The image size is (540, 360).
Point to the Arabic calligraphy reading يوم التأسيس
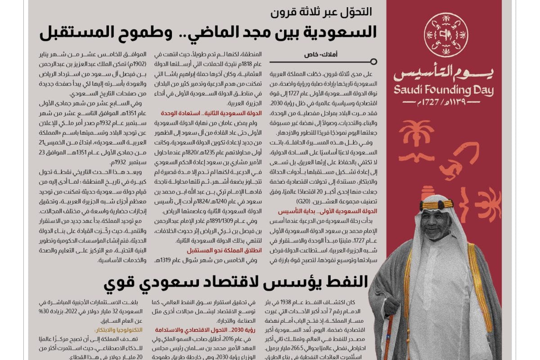coord(443,73)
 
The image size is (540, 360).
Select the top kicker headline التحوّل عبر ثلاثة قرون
coord(321,12)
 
